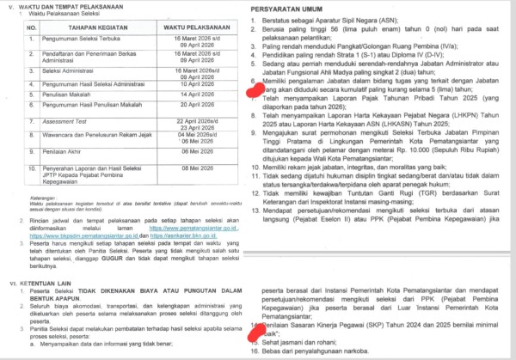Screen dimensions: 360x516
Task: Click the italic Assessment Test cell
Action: pyautogui.click(x=77, y=146)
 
